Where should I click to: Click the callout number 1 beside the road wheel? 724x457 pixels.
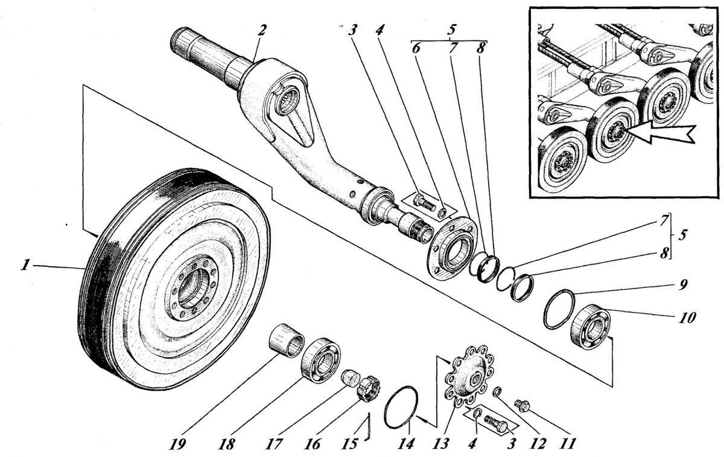(25, 266)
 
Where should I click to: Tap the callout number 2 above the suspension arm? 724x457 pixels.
(261, 30)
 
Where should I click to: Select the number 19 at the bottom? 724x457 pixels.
(177, 444)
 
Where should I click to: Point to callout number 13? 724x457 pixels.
(441, 444)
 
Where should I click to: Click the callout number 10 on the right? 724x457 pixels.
(687, 318)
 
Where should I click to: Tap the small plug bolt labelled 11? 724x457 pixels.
(522, 406)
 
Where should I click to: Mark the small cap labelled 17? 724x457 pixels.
(351, 378)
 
